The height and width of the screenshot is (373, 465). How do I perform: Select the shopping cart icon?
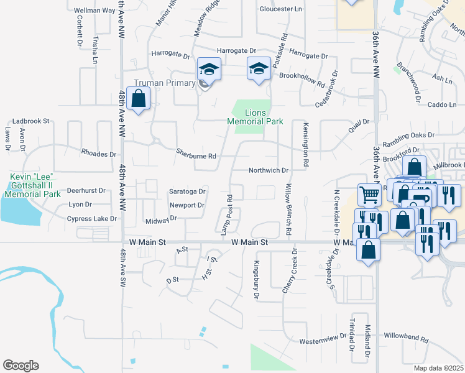pos(369,195)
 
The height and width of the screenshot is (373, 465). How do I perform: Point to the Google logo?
pos(21,366)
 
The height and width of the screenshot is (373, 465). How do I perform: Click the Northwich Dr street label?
pos(269,170)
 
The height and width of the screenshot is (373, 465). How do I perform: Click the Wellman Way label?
pos(94,11)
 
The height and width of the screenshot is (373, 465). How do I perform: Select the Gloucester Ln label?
pos(280,9)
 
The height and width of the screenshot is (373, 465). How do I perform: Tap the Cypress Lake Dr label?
pos(92,219)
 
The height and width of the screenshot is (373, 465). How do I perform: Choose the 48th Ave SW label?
pos(122,268)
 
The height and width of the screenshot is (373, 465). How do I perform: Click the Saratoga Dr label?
pos(188,191)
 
